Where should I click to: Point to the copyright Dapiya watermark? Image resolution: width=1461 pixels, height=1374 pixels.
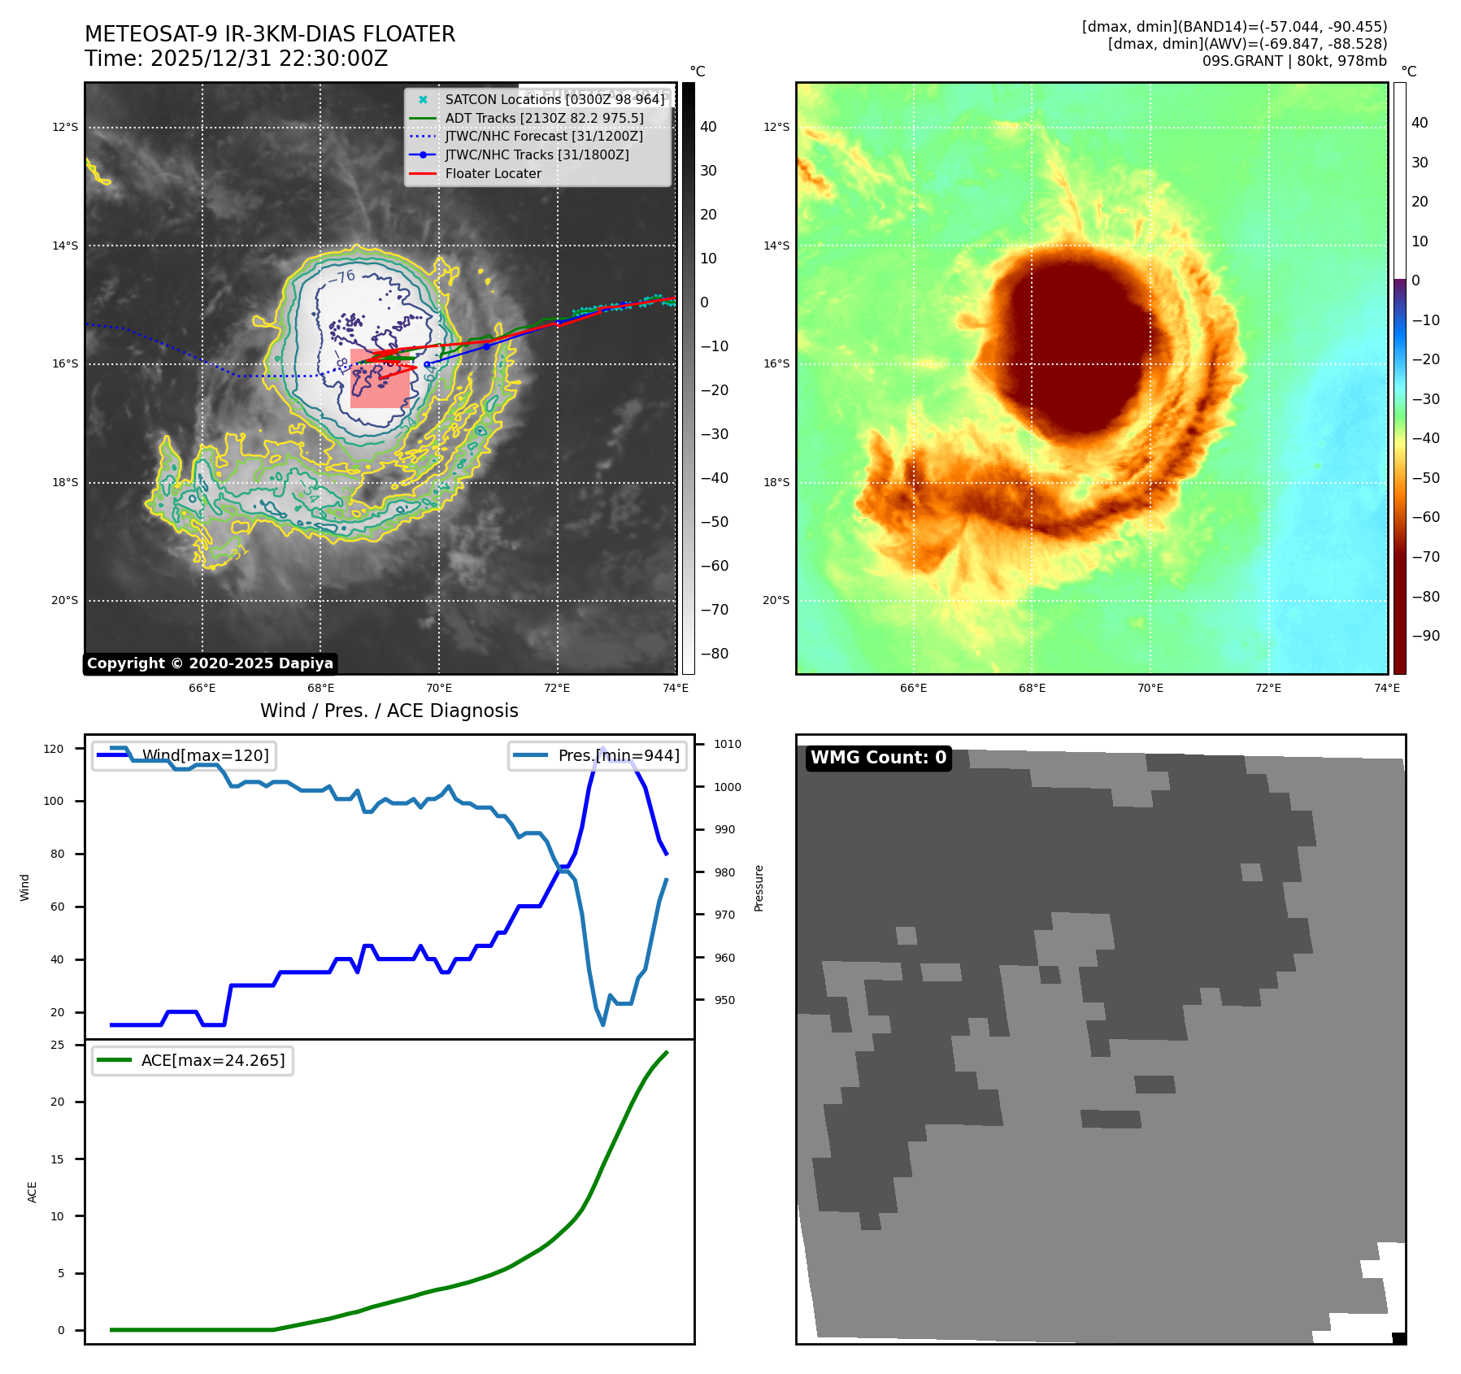[210, 663]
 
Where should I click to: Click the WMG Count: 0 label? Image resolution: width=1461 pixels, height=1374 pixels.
[878, 758]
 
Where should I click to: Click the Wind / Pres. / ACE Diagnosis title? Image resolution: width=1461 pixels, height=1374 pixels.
[389, 711]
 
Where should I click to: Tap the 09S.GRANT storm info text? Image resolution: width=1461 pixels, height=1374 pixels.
[1294, 61]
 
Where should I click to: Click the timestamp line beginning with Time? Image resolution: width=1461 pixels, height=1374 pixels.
[237, 59]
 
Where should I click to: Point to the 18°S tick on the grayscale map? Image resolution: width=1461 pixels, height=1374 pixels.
[65, 482]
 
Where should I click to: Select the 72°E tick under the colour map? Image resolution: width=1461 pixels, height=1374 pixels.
[1268, 688]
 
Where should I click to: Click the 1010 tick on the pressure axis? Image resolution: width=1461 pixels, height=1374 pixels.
[728, 744]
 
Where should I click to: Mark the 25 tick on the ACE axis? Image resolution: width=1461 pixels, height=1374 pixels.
[58, 1045]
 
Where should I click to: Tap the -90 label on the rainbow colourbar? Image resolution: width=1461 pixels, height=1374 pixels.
[1426, 636]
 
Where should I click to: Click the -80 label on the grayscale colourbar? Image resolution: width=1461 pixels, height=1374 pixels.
[715, 654]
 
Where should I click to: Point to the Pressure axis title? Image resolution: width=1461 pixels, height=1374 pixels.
[759, 888]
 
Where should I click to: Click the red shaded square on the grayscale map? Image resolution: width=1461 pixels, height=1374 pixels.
[379, 379]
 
